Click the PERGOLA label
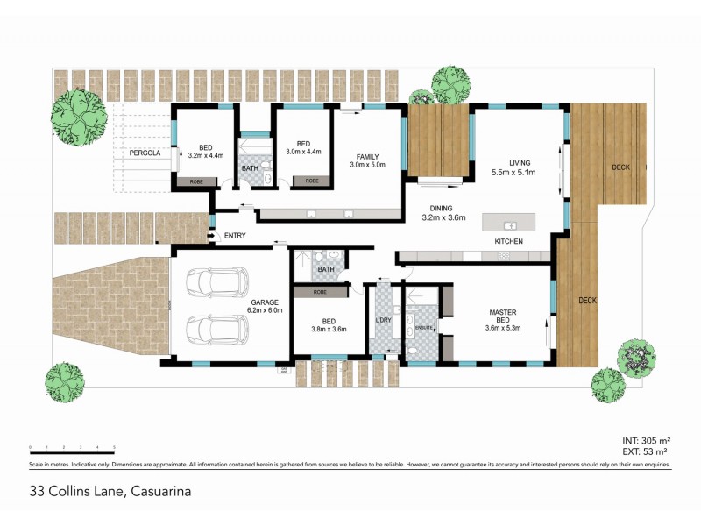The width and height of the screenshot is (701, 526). click(x=145, y=153)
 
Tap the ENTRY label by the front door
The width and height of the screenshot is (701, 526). click(x=235, y=235)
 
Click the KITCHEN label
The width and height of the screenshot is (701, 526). click(x=508, y=241)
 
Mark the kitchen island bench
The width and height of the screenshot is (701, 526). click(x=513, y=220)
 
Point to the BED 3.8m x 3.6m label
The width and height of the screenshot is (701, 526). click(x=329, y=325)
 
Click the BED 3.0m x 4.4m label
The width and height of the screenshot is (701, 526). click(x=303, y=149)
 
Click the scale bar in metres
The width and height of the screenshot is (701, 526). click(x=72, y=448)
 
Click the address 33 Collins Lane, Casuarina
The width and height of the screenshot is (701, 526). click(x=110, y=492)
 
